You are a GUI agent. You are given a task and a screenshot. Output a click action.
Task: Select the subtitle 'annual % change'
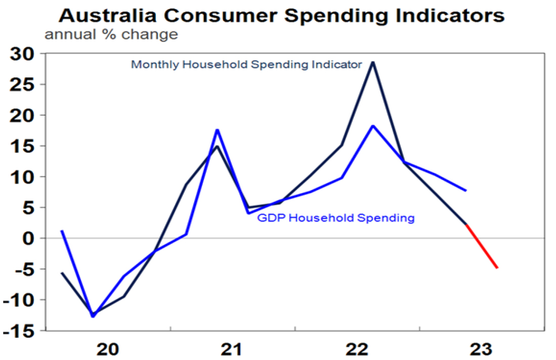pos(111,35)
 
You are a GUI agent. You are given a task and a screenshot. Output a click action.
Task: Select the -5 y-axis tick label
pos(23,268)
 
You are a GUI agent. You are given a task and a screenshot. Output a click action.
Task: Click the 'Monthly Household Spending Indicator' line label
pos(246,65)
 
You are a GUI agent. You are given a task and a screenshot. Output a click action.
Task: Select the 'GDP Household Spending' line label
pos(336,218)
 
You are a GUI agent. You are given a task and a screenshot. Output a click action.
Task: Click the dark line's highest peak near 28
pos(373,62)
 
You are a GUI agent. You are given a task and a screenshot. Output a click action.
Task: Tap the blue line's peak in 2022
pos(373,125)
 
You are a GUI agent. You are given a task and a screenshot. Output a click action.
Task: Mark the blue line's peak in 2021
pos(217,130)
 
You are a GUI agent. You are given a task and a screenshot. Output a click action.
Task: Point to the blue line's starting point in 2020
pos(61,231)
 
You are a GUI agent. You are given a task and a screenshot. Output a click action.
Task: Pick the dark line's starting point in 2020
pos(61,273)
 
